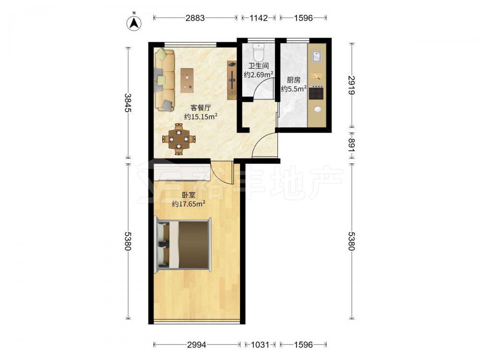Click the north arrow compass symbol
point(134,22)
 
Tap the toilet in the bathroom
point(259,52)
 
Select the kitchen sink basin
point(316,57)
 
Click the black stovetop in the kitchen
point(316,93)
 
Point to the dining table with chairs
point(179,139)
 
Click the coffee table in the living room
point(187,81)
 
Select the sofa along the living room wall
point(164,80)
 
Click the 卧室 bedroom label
point(189,195)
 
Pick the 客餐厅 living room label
point(201,108)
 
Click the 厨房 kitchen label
point(294,80)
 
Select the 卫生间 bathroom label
point(258,66)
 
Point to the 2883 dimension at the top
point(195,18)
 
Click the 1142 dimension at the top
point(259,18)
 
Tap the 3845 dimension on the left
point(128,103)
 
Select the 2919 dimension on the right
point(352,85)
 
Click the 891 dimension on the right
point(352,145)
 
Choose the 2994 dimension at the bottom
point(197,345)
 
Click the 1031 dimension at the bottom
point(260,345)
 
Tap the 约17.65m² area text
point(189,204)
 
